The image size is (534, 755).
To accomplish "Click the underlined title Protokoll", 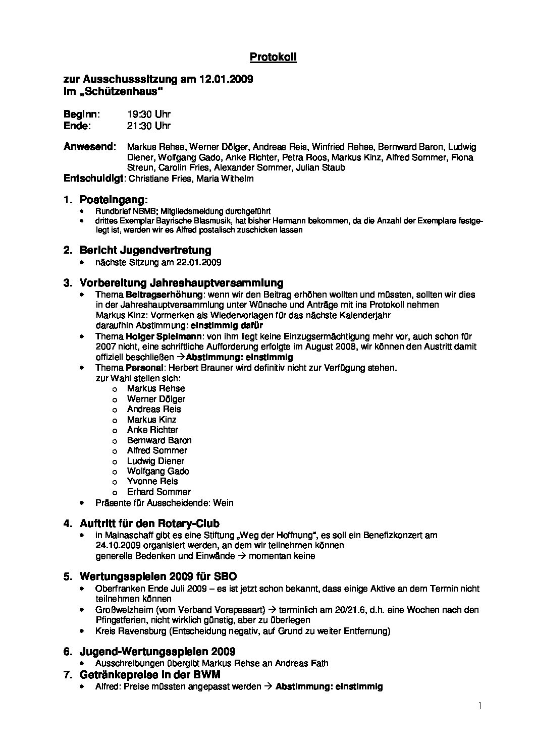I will point(273,57).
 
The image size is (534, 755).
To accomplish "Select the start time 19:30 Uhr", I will point(149,114).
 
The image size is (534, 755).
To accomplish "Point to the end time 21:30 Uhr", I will point(149,126).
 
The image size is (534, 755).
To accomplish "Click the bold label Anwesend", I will point(88,147).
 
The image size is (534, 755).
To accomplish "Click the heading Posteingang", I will point(113,200).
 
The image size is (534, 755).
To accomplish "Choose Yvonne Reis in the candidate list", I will point(152,481).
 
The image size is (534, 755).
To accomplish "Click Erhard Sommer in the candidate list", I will point(158,492).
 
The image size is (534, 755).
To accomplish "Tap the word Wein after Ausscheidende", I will point(223,503).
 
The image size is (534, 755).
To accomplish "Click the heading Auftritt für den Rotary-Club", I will point(149,524).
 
